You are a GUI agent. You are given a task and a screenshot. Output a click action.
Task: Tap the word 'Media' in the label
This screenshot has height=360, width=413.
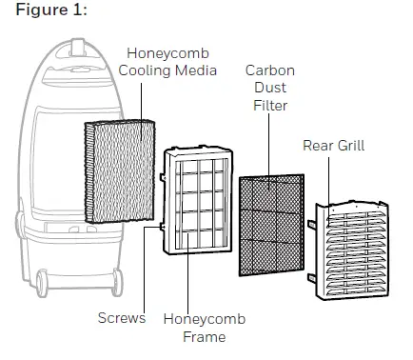[195, 70]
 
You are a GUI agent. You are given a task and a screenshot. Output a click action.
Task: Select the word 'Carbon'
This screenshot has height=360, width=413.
[268, 71]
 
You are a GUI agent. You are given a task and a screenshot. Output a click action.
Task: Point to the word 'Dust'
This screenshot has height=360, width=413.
[268, 89]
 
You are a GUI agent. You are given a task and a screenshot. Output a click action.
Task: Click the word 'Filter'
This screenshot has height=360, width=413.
[268, 106]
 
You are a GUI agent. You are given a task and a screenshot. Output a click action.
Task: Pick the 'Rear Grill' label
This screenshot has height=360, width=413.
[334, 146]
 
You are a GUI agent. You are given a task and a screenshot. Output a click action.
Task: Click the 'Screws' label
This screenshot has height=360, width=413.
[120, 317]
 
